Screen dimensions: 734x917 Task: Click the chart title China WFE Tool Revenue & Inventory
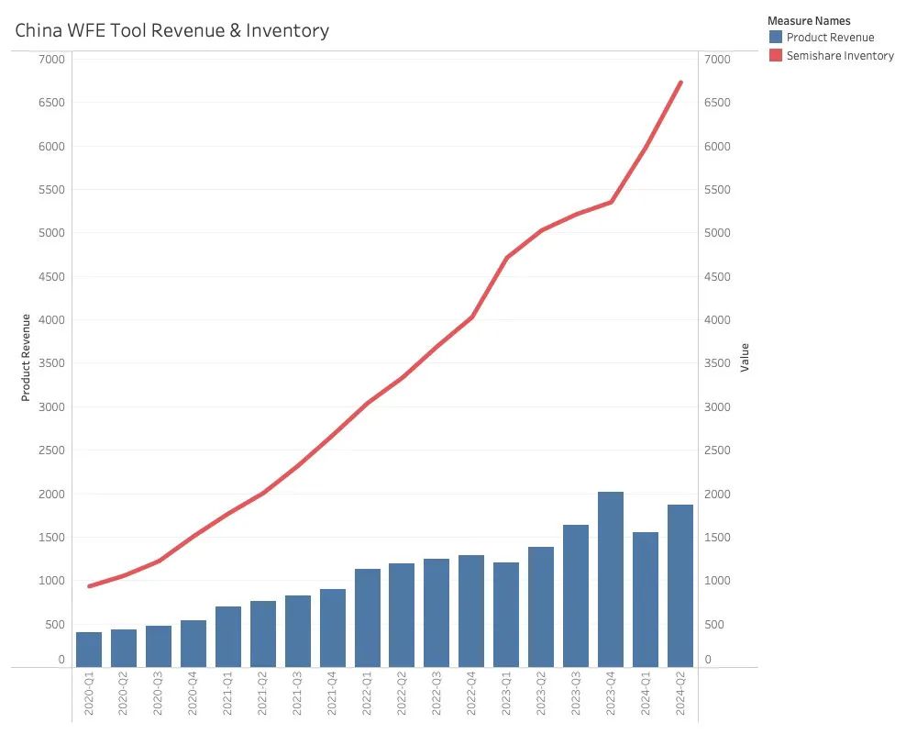point(172,30)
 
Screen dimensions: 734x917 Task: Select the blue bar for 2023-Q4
point(611,579)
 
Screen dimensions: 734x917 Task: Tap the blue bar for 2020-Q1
point(89,649)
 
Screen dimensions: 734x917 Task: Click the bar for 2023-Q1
point(506,614)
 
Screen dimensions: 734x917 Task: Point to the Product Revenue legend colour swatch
point(776,38)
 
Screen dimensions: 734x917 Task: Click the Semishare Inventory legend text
point(840,56)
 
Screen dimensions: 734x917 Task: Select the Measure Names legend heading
point(809,20)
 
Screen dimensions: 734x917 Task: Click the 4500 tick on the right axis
point(717,277)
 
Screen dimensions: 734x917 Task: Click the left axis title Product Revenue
point(27,358)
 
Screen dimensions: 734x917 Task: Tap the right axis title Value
point(746,357)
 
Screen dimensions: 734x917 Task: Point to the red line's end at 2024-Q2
point(680,83)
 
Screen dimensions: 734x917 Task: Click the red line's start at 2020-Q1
point(89,586)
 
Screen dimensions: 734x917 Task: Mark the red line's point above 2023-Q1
point(506,258)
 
